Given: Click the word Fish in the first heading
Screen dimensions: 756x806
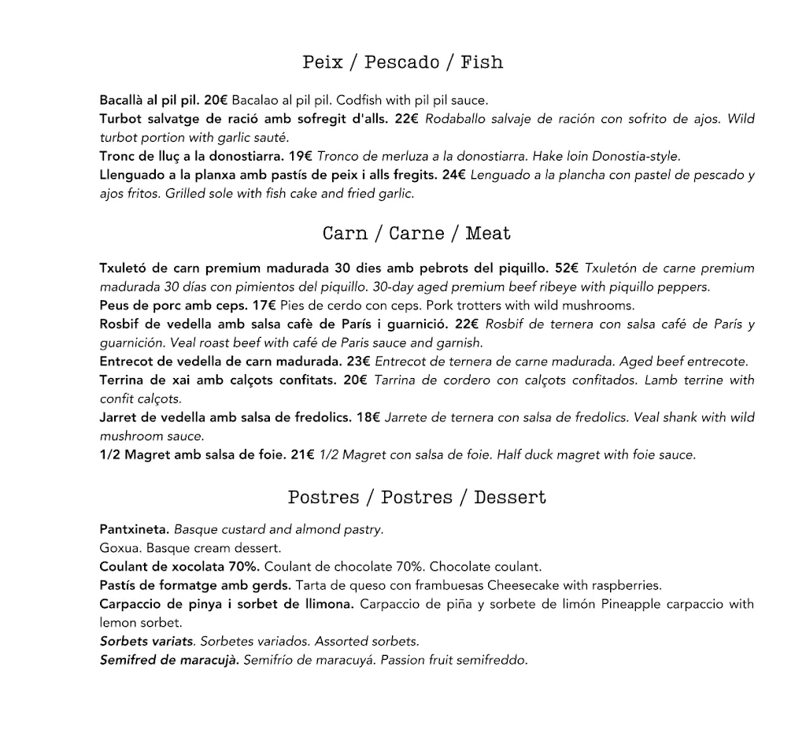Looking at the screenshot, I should click(x=482, y=62).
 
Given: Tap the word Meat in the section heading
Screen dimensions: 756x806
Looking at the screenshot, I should click(x=488, y=233).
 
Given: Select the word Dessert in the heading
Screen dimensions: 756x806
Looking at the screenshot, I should click(x=510, y=497).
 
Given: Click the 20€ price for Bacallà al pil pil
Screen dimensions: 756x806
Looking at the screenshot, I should click(x=216, y=100).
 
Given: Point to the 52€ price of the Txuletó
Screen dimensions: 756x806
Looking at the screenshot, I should click(x=567, y=268).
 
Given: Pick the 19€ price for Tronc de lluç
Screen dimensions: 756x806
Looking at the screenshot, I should click(x=301, y=156).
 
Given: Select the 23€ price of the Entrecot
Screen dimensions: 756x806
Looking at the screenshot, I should click(x=358, y=361).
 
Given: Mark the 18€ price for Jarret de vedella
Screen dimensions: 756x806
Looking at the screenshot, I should click(x=368, y=417).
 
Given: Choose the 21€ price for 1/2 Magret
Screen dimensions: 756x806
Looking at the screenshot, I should click(x=303, y=454).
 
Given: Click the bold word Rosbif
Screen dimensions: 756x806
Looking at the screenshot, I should click(x=120, y=324).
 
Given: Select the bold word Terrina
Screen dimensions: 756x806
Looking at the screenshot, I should click(x=122, y=380).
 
